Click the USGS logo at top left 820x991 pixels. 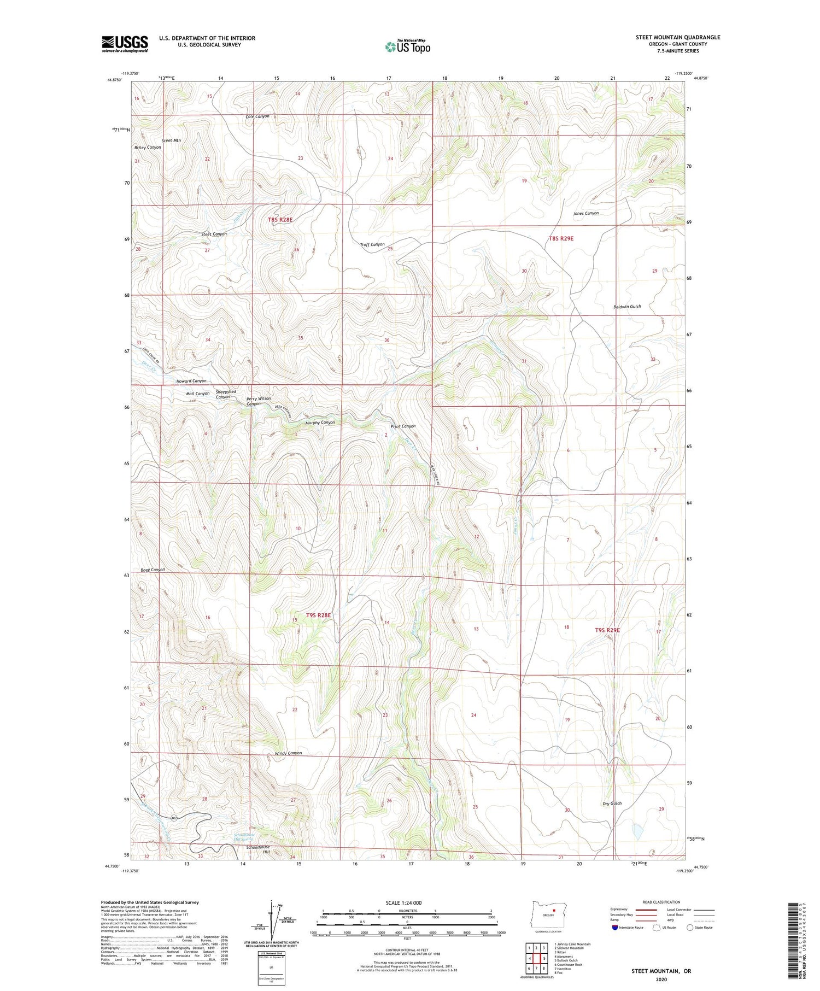[125, 44]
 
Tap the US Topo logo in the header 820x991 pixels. [408, 47]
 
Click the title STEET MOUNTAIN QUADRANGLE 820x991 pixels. [678, 37]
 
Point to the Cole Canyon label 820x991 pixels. [257, 116]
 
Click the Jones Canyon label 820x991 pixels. [585, 213]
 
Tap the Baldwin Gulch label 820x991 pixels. [627, 307]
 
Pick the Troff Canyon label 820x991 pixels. [372, 244]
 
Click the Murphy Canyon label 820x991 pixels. [320, 423]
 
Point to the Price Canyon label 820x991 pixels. [403, 426]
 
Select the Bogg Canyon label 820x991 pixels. [153, 570]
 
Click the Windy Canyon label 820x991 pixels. [288, 753]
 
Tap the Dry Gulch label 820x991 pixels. [612, 803]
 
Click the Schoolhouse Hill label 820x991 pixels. [259, 849]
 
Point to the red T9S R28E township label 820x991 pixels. [318, 615]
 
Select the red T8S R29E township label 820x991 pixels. [561, 238]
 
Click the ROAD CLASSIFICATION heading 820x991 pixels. [661, 902]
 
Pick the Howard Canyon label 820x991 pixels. [191, 380]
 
